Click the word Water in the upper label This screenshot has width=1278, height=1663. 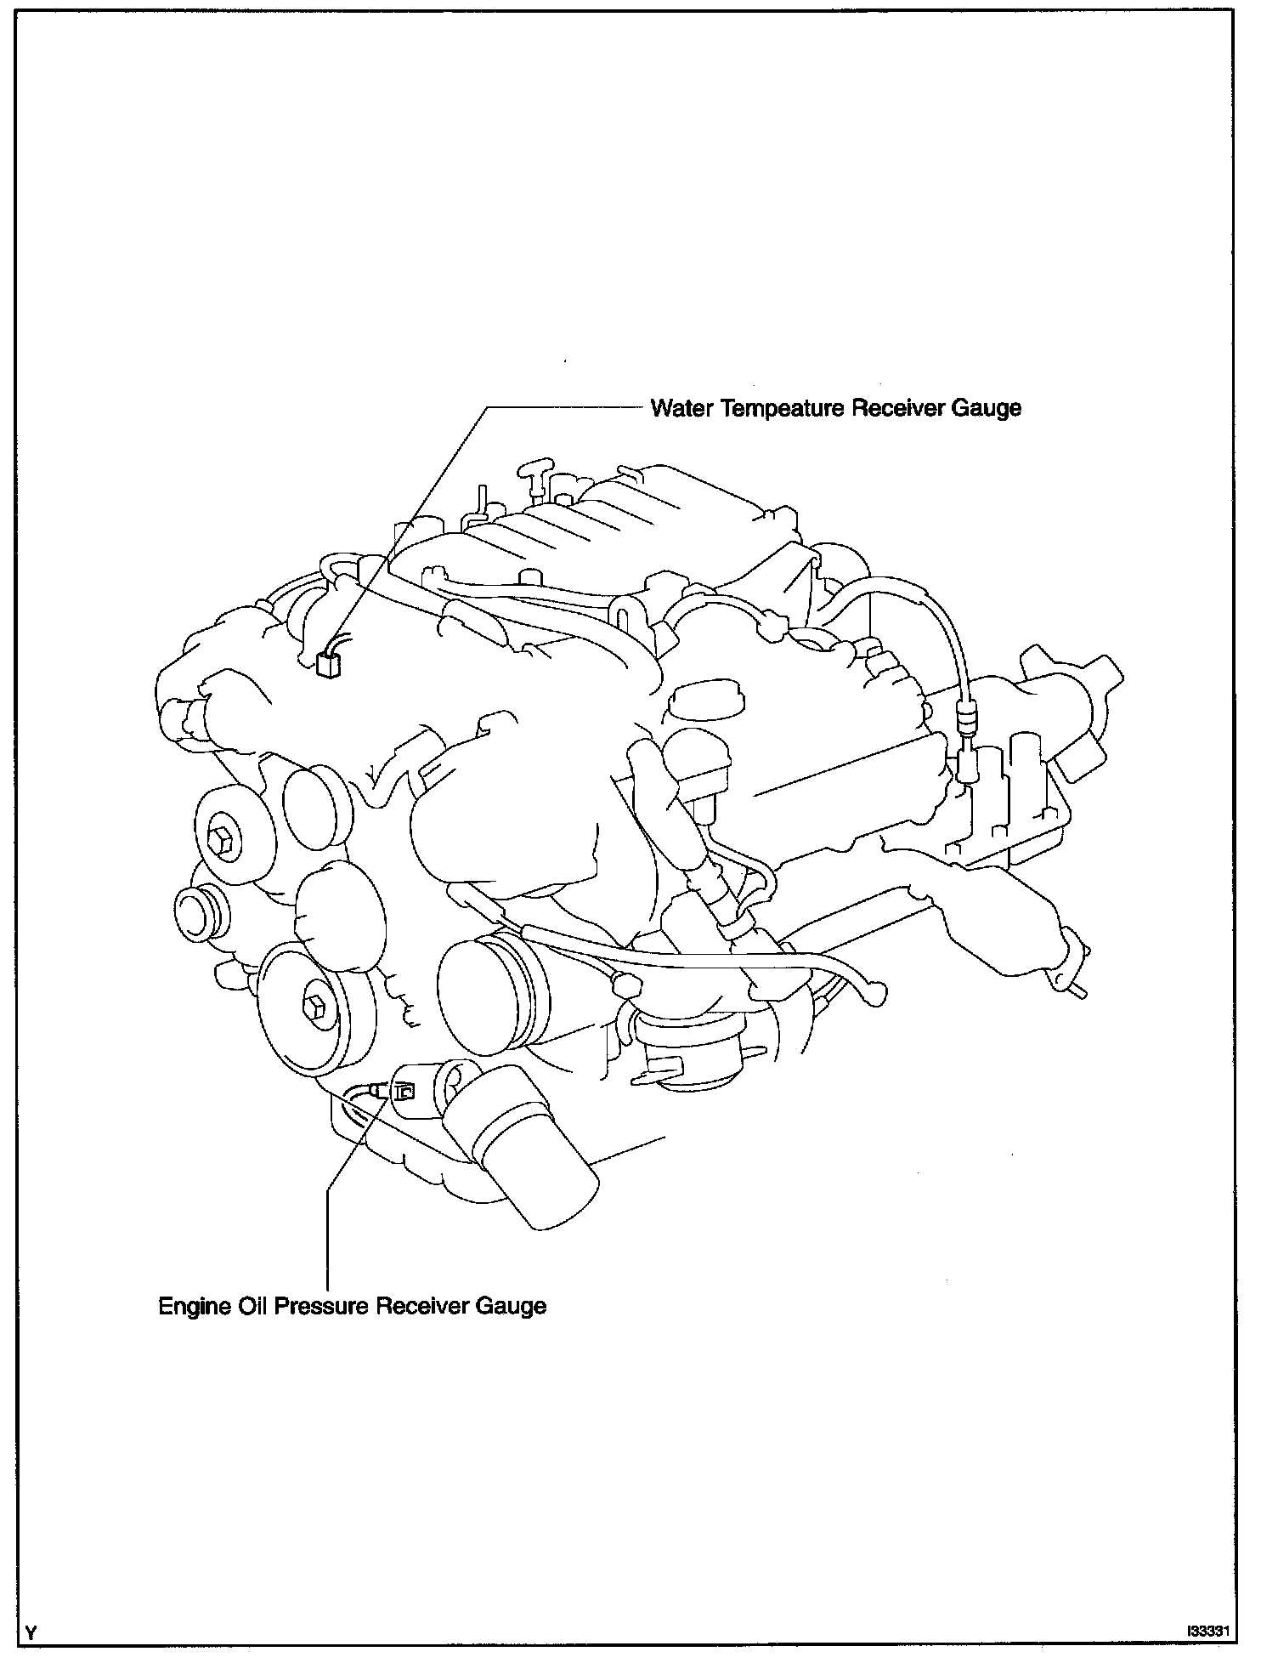681,409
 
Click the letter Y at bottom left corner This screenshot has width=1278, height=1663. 32,1632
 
